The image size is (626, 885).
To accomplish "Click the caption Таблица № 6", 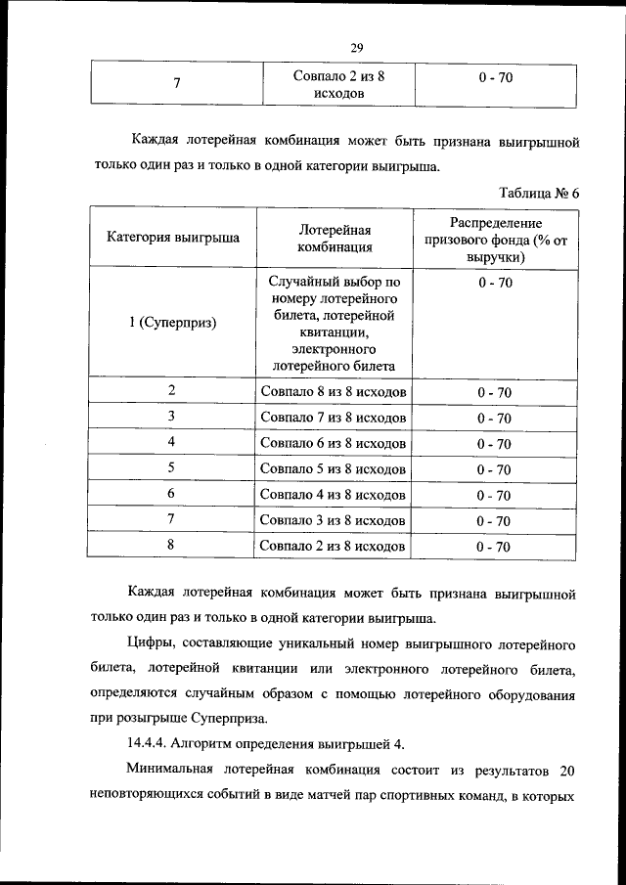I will pyautogui.click(x=539, y=193).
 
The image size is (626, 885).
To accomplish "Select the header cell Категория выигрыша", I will pyautogui.click(x=172, y=238).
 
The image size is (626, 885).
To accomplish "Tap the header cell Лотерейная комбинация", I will pyautogui.click(x=334, y=238).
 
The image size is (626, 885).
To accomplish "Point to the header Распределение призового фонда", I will pyautogui.click(x=494, y=239).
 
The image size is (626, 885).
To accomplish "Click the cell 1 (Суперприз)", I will pyautogui.click(x=172, y=323).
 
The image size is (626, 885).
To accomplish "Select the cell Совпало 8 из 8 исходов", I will pyautogui.click(x=334, y=392).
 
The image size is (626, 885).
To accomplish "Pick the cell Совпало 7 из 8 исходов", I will pyautogui.click(x=334, y=418).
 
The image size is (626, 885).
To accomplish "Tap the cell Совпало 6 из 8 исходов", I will pyautogui.click(x=334, y=444).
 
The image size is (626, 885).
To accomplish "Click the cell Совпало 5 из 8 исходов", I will pyautogui.click(x=334, y=469).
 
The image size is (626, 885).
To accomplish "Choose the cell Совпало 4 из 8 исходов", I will pyautogui.click(x=334, y=495).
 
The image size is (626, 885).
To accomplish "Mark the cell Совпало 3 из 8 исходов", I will pyautogui.click(x=334, y=521).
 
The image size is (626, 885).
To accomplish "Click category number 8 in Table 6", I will pyautogui.click(x=171, y=546).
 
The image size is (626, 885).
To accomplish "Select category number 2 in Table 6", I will pyautogui.click(x=171, y=391).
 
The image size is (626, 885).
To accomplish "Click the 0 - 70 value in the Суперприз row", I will pyautogui.click(x=494, y=283).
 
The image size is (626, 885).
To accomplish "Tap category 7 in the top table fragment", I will pyautogui.click(x=176, y=83).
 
